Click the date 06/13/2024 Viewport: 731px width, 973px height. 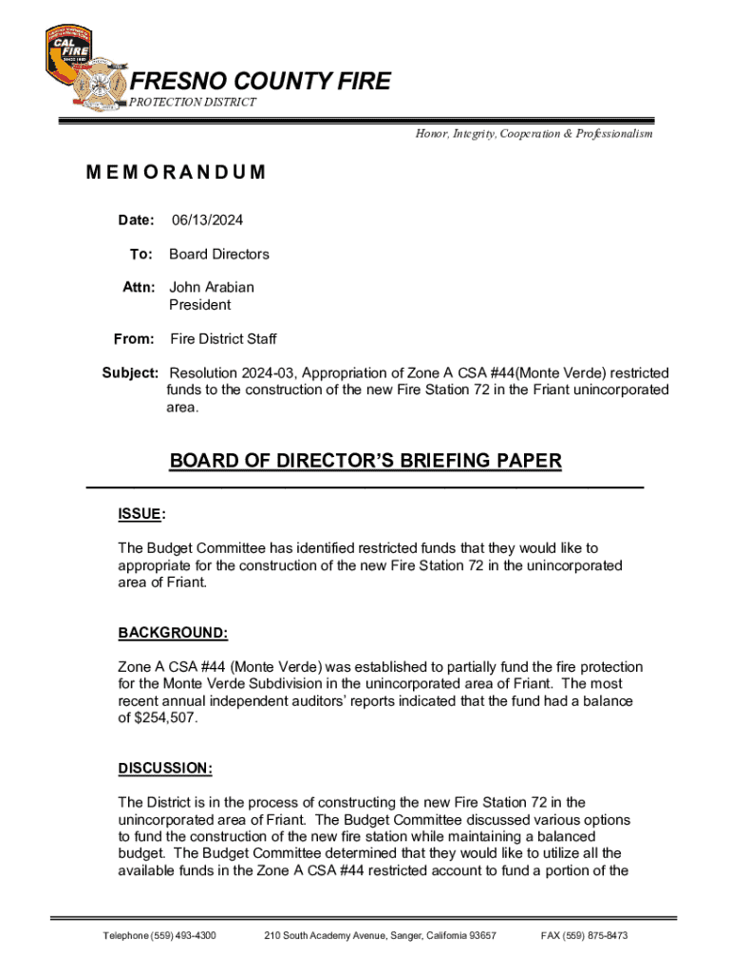tap(207, 220)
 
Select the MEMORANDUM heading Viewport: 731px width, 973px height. tap(176, 173)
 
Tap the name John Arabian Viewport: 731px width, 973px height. tap(212, 287)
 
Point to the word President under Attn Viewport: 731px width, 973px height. tap(199, 305)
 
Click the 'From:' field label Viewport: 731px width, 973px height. tap(134, 339)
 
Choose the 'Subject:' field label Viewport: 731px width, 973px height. tap(131, 372)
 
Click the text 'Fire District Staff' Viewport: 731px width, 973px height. tap(223, 339)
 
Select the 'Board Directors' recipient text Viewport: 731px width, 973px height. tap(219, 254)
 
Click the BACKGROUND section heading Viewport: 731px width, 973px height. tap(173, 633)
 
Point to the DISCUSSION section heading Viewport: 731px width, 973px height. tap(165, 768)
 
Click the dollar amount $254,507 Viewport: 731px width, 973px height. tap(168, 718)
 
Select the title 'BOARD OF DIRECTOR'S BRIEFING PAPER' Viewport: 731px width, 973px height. tap(365, 462)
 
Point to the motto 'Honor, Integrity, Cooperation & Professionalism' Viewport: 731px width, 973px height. tap(534, 134)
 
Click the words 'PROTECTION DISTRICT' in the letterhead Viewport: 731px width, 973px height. tap(193, 103)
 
